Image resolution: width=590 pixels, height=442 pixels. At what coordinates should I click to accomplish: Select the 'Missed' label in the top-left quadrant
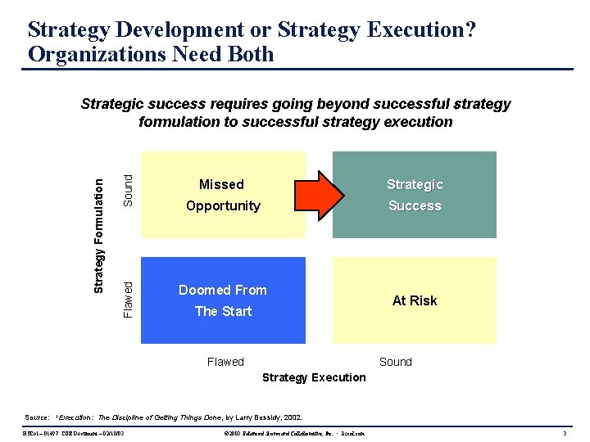[221, 184]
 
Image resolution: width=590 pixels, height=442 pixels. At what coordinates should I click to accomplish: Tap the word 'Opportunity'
[223, 205]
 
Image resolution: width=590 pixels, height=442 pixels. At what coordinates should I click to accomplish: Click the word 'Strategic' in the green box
[415, 184]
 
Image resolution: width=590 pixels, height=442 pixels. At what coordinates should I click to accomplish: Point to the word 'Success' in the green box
[415, 205]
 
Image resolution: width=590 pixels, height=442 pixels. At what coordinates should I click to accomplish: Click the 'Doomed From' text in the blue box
[223, 290]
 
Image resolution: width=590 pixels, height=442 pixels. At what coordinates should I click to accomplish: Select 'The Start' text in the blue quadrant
[223, 311]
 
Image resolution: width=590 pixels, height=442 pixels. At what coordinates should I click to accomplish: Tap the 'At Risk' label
[415, 300]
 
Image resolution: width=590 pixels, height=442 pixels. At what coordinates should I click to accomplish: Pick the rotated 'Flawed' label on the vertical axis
[128, 299]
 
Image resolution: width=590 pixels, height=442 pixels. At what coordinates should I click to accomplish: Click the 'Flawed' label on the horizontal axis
[225, 362]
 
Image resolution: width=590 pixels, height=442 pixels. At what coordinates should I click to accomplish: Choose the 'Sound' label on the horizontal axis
[396, 362]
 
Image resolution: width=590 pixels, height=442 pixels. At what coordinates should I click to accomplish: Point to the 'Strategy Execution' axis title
[314, 377]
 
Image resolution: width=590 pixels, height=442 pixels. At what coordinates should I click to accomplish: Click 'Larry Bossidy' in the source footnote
[255, 417]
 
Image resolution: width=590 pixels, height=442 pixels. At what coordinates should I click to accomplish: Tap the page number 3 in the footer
[565, 432]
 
